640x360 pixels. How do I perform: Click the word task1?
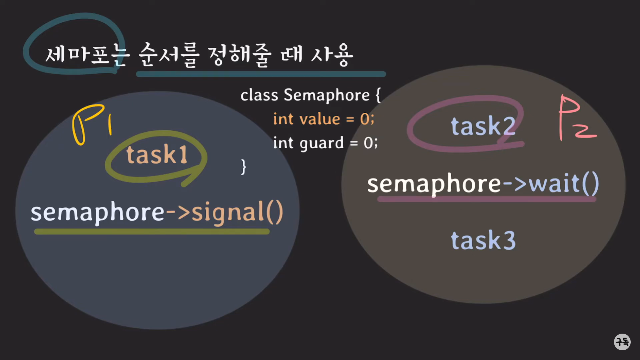click(x=157, y=155)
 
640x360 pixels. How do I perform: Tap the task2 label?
click(x=483, y=126)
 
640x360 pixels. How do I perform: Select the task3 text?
click(x=483, y=240)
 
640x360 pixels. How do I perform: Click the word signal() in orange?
click(x=237, y=213)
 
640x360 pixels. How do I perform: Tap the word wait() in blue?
click(x=564, y=184)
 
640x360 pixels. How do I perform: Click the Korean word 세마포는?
click(x=86, y=54)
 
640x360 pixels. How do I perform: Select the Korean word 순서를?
click(x=168, y=55)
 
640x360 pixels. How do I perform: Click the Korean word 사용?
click(x=332, y=55)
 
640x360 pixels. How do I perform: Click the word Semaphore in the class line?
click(x=327, y=95)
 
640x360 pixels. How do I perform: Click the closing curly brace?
click(x=244, y=166)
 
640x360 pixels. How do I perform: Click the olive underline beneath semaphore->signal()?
click(x=152, y=232)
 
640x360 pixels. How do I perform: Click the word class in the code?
click(x=259, y=95)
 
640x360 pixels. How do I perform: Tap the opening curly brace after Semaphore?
click(x=378, y=95)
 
